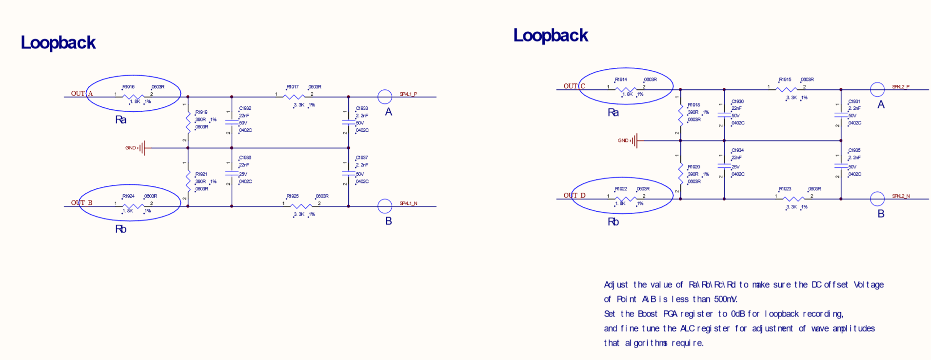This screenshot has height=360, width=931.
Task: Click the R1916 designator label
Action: tap(128, 87)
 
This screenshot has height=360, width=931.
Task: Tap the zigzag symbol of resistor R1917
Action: tap(294, 97)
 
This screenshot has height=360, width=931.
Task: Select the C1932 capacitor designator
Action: tap(245, 108)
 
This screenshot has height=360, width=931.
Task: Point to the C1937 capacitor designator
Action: tap(361, 158)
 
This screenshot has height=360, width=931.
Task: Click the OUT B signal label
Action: tap(81, 203)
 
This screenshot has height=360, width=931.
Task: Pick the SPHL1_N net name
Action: tap(408, 203)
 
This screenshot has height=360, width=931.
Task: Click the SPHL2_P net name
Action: tap(901, 87)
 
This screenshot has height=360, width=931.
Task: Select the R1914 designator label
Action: tap(621, 80)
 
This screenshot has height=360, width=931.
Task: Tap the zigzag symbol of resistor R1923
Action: tap(793, 199)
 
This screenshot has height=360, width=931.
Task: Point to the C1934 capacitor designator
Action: tap(737, 150)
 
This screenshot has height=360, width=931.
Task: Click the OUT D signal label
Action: tap(574, 196)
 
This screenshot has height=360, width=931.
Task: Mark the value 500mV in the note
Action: tap(725, 299)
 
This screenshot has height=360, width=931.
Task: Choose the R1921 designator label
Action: tap(201, 174)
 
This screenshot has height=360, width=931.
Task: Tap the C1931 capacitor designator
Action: tap(854, 101)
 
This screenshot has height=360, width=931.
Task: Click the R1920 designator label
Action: tap(693, 167)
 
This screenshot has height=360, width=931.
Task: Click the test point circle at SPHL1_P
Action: tap(385, 97)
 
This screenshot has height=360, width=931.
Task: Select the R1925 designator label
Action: tap(292, 196)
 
